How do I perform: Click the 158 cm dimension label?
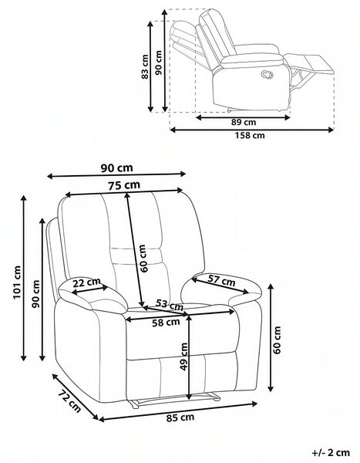tap(250, 136)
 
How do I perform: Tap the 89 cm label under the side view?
tap(244, 122)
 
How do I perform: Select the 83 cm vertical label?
tap(145, 66)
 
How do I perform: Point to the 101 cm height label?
tap(18, 282)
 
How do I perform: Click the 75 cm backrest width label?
tap(123, 185)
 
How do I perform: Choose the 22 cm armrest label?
tap(87, 282)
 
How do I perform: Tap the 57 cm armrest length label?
tap(221, 280)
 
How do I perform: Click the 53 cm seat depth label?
tap(170, 304)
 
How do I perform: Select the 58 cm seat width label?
tap(166, 323)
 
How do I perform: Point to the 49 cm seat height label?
tap(183, 356)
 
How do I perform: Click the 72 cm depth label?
tap(69, 400)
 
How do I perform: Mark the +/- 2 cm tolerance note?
tap(331, 452)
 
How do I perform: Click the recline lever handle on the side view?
tap(268, 74)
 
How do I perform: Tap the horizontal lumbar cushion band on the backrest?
tap(137, 255)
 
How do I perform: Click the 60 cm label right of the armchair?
tap(277, 340)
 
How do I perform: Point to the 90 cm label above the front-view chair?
tap(117, 168)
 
